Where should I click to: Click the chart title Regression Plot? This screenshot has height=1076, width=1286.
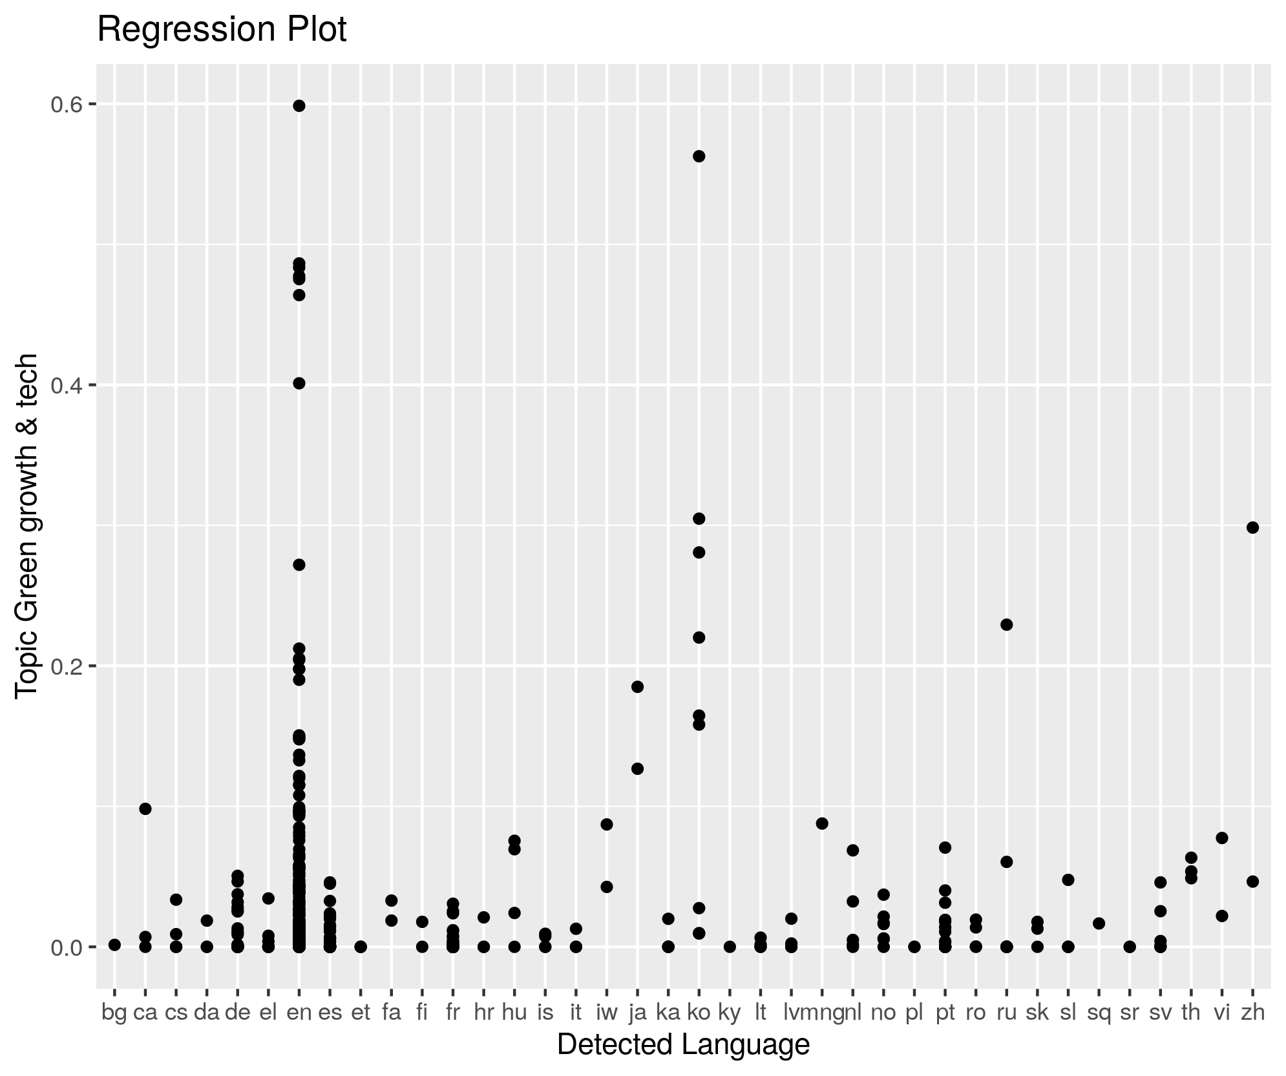[222, 30]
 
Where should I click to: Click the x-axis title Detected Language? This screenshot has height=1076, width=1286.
[683, 1045]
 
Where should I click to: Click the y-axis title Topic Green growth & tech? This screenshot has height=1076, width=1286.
[27, 525]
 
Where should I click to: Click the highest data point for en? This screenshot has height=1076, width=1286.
[299, 106]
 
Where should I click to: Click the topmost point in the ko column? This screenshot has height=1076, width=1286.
[699, 156]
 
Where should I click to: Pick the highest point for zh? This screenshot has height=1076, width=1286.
[1252, 527]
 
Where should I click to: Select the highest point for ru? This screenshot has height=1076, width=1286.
[1006, 625]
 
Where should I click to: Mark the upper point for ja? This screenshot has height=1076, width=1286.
[637, 687]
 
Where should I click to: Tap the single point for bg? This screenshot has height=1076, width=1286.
[114, 945]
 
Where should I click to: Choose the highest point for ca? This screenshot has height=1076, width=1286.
[145, 809]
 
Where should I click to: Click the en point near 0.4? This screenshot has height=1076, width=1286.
[299, 383]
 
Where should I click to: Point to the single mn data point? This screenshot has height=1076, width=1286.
[822, 823]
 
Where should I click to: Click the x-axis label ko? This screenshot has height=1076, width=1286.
[699, 1013]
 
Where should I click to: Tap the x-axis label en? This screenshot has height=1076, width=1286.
[299, 1013]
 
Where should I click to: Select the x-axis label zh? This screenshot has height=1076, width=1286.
[1252, 1013]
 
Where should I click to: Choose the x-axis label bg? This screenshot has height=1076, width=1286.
[114, 1013]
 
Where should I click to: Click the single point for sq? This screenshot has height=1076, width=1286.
[1099, 923]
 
